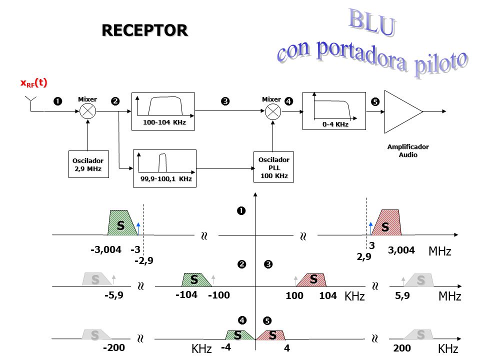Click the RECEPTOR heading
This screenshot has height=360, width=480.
click(x=144, y=30)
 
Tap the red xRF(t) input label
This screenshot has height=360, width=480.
click(x=33, y=82)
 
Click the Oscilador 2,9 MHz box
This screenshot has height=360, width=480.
click(x=88, y=164)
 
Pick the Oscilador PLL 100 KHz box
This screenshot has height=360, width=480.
click(x=273, y=167)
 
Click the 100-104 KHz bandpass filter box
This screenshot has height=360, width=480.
click(x=163, y=111)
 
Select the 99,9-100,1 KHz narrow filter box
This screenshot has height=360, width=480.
click(x=164, y=168)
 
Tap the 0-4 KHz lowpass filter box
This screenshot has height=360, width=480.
click(x=334, y=111)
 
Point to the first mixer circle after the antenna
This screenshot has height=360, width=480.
click(x=88, y=111)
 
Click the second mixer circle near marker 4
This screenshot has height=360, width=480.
click(x=273, y=111)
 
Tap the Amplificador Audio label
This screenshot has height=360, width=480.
click(x=408, y=150)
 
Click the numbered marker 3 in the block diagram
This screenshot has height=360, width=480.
click(x=225, y=101)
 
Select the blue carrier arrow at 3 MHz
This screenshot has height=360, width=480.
click(x=370, y=228)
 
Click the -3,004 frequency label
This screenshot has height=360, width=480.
click(x=106, y=250)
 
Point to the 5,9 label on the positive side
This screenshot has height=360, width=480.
click(x=402, y=295)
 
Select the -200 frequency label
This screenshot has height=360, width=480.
click(x=114, y=348)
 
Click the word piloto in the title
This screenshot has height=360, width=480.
click(x=441, y=64)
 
